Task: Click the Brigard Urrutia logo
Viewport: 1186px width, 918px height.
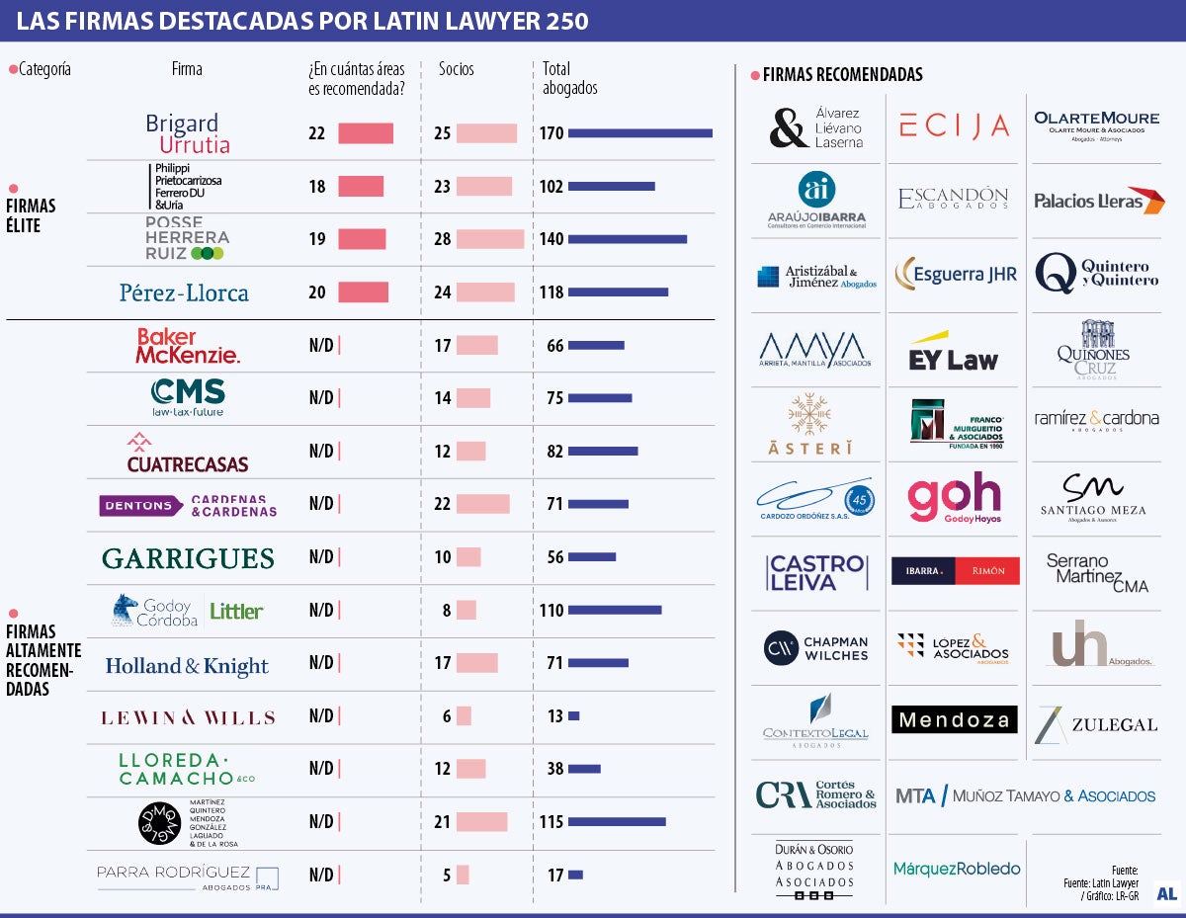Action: (187, 133)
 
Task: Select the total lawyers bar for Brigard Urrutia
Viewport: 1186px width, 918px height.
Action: (639, 132)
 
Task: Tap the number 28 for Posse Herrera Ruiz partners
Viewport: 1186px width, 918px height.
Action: (443, 239)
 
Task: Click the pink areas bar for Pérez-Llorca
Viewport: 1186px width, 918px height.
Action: (363, 292)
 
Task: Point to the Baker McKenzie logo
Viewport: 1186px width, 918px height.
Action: (187, 346)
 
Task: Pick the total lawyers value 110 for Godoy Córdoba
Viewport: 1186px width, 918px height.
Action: (551, 611)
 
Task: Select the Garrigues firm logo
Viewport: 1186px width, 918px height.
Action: (188, 558)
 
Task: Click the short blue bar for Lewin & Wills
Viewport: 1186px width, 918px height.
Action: (574, 716)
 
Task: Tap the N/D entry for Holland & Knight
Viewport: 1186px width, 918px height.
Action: (321, 663)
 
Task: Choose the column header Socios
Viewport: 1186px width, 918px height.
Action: (457, 69)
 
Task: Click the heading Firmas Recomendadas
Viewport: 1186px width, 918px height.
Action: (842, 75)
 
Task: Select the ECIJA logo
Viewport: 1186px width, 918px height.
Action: (954, 125)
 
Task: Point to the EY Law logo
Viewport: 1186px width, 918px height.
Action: (953, 353)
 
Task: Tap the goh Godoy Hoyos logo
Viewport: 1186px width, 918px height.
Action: (954, 497)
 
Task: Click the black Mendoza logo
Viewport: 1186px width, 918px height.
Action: (954, 719)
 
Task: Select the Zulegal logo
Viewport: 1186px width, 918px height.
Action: (1096, 724)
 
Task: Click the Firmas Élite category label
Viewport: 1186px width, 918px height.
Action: (31, 215)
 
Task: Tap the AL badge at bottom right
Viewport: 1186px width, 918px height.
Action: (1166, 892)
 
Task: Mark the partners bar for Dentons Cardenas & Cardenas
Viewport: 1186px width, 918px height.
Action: (482, 504)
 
